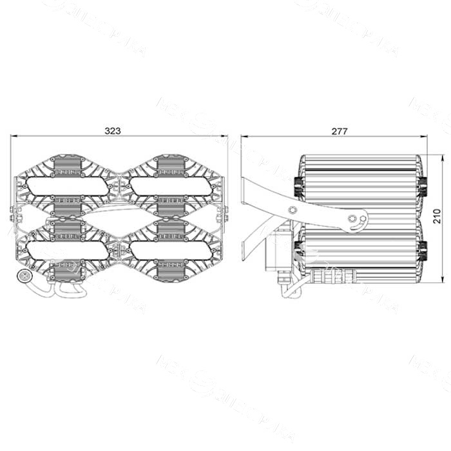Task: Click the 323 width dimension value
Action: tap(113, 130)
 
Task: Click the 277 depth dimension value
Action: tap(340, 131)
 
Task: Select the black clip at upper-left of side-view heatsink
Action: tap(298, 186)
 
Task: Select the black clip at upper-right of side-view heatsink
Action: tap(423, 186)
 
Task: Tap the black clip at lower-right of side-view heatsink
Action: tap(423, 248)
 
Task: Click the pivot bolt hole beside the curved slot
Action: tap(352, 218)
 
